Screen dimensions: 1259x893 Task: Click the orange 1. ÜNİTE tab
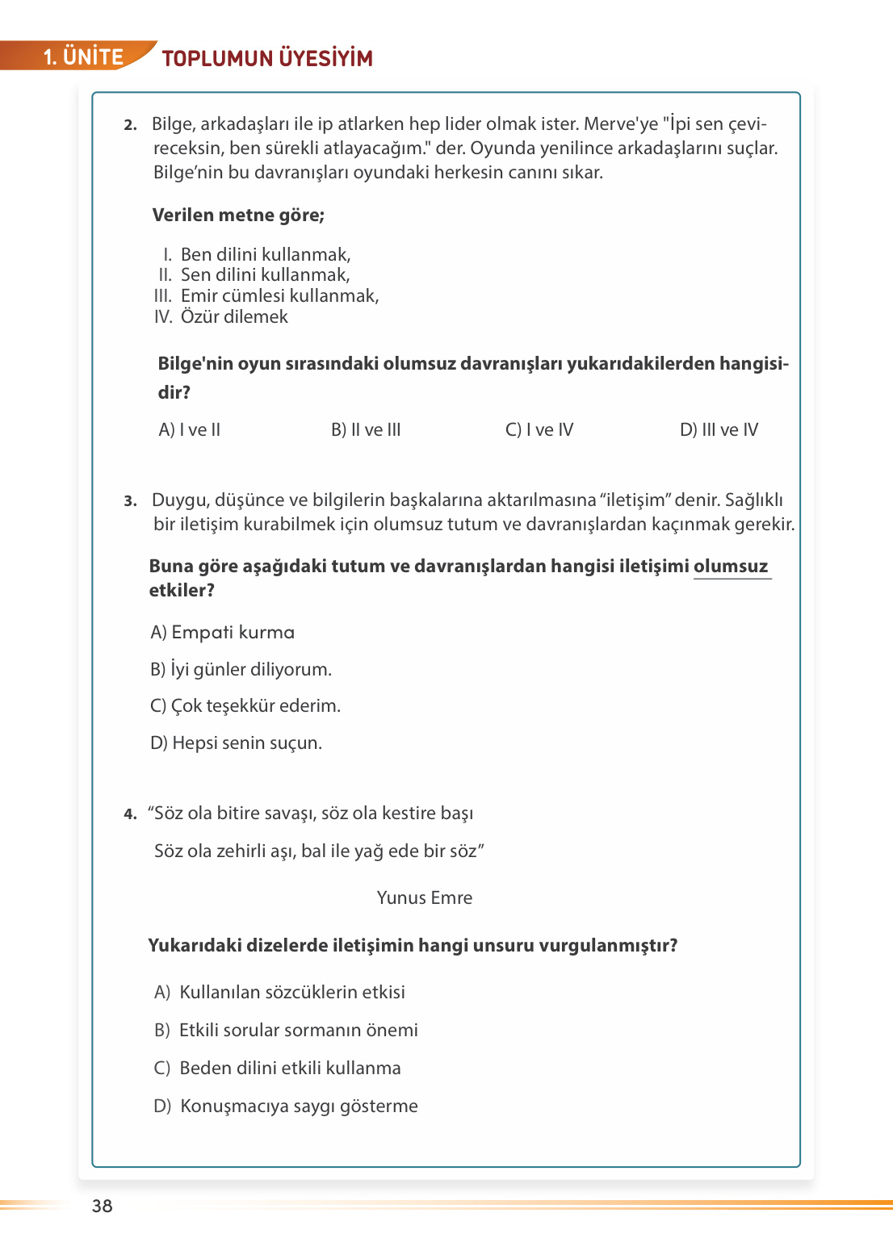(82, 56)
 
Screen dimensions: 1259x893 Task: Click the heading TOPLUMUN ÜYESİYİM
(267, 58)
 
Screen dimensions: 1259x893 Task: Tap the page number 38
(103, 1206)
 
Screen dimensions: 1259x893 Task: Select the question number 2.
(130, 125)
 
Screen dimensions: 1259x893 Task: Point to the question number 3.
(130, 501)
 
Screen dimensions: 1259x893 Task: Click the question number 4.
(130, 814)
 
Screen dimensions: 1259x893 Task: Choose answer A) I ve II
(190, 430)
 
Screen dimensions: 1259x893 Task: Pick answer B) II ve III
(366, 430)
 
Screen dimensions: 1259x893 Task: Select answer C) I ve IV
(539, 430)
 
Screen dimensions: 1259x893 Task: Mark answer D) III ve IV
(719, 430)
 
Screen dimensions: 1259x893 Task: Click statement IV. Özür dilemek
(221, 317)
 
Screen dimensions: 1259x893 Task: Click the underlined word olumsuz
(731, 567)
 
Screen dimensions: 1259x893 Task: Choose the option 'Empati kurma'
(223, 633)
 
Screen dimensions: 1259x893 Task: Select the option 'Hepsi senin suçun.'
(237, 743)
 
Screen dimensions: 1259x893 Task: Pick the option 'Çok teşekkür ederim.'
(245, 706)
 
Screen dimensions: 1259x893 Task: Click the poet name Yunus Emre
(424, 898)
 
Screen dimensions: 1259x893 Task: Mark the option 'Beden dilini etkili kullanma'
(278, 1069)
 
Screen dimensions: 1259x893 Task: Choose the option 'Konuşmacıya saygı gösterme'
(286, 1106)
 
